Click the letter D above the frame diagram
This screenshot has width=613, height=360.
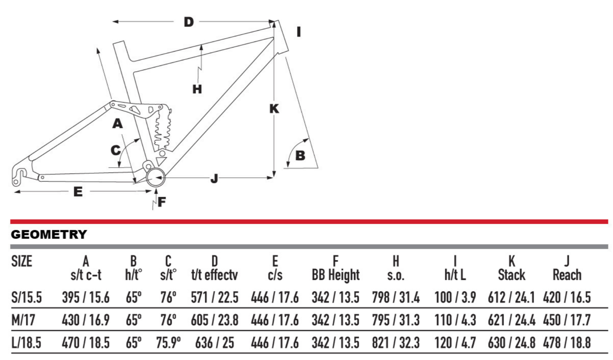[189, 22]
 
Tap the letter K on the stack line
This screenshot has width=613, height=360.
[274, 109]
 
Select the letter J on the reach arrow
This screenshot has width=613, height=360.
[214, 179]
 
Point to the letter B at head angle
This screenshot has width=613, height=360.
[300, 156]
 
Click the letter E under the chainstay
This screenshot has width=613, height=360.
[78, 192]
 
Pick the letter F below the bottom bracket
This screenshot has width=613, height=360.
[162, 202]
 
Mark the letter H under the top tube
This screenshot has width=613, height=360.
[197, 89]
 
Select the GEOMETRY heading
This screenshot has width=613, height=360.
[49, 235]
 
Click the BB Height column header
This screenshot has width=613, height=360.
[336, 275]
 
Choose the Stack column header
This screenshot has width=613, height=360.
[511, 275]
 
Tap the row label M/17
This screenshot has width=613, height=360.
[23, 320]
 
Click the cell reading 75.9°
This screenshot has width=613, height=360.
[168, 343]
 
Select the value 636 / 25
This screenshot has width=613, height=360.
[214, 343]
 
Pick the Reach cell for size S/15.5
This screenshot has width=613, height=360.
[567, 298]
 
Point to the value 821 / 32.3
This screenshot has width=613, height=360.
[396, 343]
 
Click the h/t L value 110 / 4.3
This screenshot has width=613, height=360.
[455, 320]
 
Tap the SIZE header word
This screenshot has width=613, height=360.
[22, 261]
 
